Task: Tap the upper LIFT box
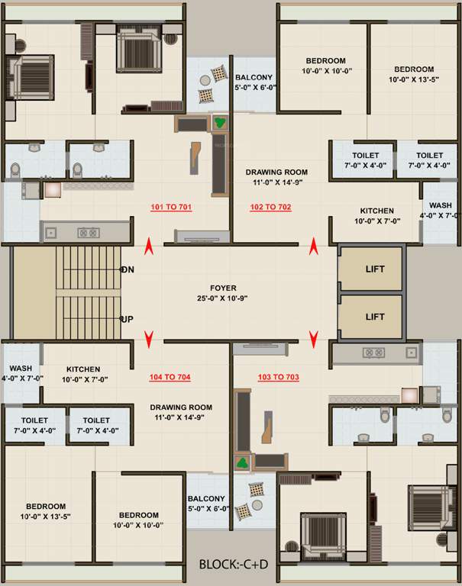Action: click(375, 269)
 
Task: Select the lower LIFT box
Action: click(375, 317)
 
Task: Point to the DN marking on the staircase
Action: click(128, 270)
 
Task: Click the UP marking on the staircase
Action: click(128, 319)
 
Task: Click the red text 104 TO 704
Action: click(170, 377)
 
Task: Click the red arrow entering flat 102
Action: click(314, 246)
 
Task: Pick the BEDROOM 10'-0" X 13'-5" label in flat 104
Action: click(46, 511)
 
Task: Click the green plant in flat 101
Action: click(220, 121)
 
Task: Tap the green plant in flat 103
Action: click(244, 462)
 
